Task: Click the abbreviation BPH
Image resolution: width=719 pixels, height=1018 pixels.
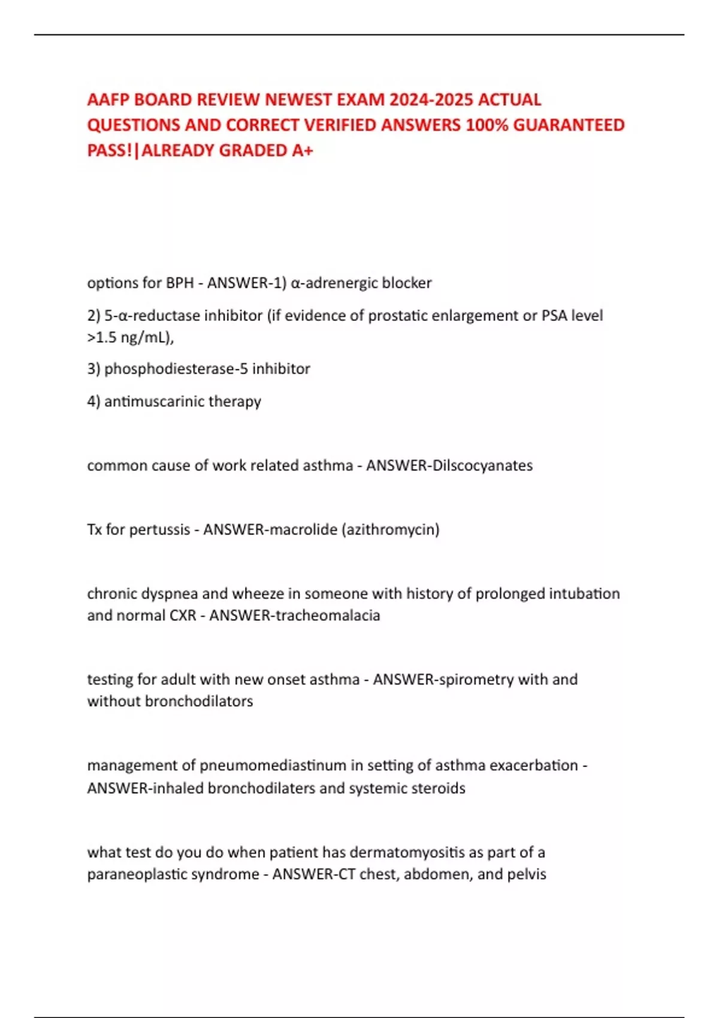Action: pyautogui.click(x=179, y=283)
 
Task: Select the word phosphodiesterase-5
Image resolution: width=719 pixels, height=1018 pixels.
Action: pyautogui.click(x=176, y=368)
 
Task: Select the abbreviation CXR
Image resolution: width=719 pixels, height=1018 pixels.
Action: pyautogui.click(x=183, y=615)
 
